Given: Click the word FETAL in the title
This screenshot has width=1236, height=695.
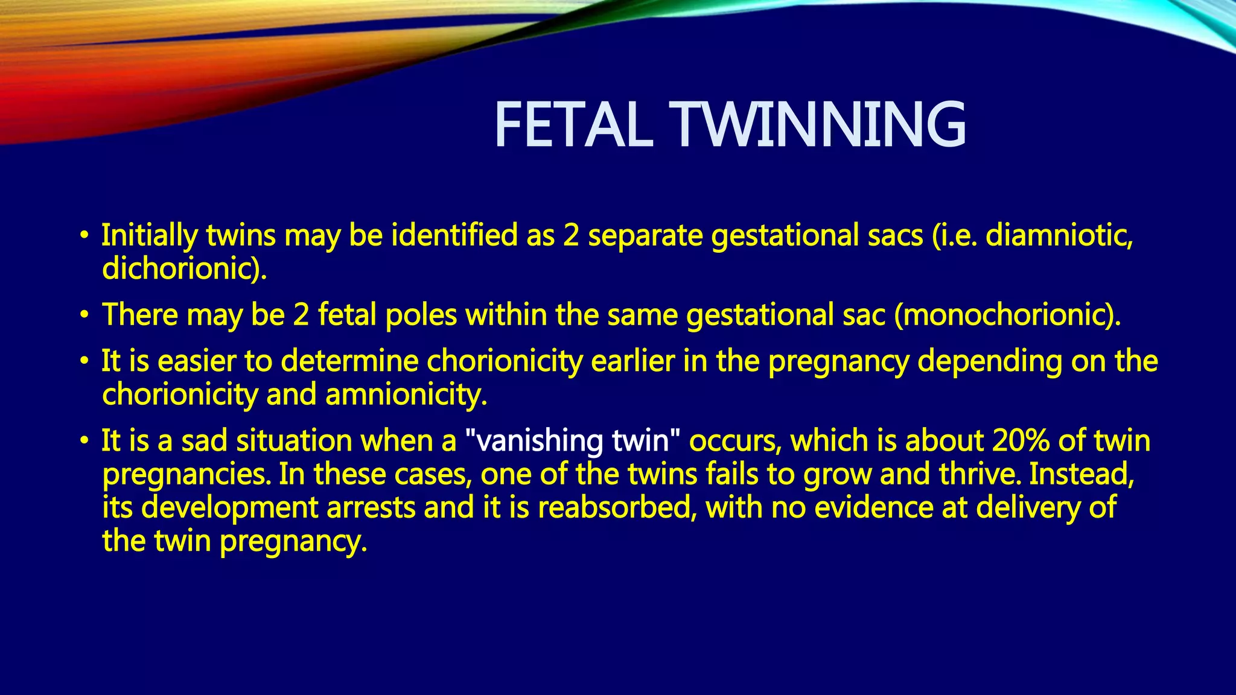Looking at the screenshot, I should (x=573, y=125).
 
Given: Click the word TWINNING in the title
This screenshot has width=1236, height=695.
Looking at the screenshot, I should (x=820, y=125).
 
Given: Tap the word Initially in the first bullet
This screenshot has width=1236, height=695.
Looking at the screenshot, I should (x=149, y=236).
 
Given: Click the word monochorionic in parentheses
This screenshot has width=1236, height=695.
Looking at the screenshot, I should (x=1005, y=315).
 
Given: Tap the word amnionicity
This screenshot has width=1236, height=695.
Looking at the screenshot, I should (x=405, y=395).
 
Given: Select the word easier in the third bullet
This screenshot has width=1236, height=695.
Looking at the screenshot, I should (x=197, y=361).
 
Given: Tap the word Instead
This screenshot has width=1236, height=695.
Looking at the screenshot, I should (x=1081, y=474).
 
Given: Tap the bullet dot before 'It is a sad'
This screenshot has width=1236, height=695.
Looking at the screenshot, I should (x=85, y=442).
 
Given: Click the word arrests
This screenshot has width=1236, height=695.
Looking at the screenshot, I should (x=371, y=507).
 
